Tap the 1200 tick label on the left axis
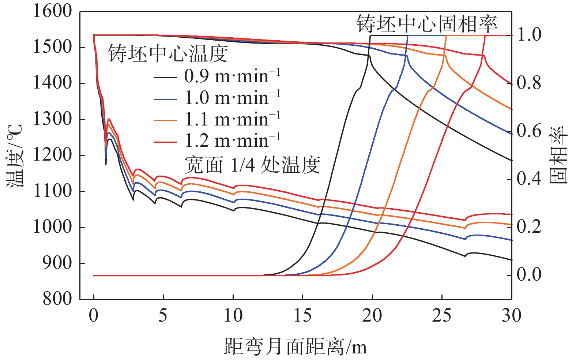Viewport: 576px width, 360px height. [53, 155]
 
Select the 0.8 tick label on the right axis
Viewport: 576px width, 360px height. [529, 83]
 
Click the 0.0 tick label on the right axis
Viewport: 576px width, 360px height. [529, 275]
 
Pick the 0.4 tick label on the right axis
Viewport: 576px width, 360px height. [529, 179]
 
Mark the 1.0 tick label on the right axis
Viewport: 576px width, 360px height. [529, 35]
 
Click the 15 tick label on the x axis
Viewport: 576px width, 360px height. [302, 315]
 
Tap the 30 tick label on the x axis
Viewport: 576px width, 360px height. [511, 315]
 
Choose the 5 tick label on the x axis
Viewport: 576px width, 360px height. [163, 315]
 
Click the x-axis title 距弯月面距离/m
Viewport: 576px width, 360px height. [295, 346]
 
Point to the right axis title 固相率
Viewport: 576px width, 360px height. [558, 155]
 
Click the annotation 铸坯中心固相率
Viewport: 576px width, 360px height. [427, 24]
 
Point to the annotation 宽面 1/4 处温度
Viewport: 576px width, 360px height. [252, 165]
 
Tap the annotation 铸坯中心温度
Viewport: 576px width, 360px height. [167, 54]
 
